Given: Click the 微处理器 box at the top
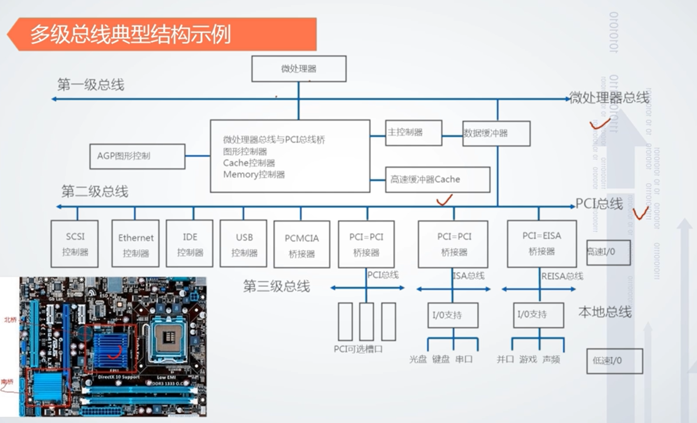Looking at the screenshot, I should click(x=299, y=69).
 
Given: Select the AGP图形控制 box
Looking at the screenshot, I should click(x=137, y=156).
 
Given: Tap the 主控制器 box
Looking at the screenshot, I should click(x=414, y=133).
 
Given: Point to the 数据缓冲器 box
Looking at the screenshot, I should click(x=496, y=134).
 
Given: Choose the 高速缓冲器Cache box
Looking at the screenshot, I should click(x=437, y=180).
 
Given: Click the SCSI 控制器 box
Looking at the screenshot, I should click(x=75, y=244).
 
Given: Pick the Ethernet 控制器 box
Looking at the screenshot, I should click(x=136, y=244).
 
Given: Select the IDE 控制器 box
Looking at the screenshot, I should click(x=189, y=244).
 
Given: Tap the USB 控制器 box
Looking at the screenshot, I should click(x=243, y=244).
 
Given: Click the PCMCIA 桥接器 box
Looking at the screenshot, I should click(x=301, y=244).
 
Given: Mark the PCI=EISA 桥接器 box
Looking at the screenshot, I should click(x=542, y=244).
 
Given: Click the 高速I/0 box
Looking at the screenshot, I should click(x=608, y=252).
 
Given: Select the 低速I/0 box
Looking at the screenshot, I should click(x=614, y=361).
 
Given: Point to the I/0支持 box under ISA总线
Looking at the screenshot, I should click(x=452, y=315).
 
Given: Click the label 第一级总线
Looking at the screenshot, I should click(x=90, y=85).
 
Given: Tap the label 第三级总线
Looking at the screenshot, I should click(x=276, y=286).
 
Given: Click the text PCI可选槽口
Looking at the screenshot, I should click(x=358, y=349).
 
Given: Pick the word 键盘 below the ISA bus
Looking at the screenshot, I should click(x=441, y=359).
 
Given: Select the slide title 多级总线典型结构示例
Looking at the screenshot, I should click(x=131, y=34).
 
